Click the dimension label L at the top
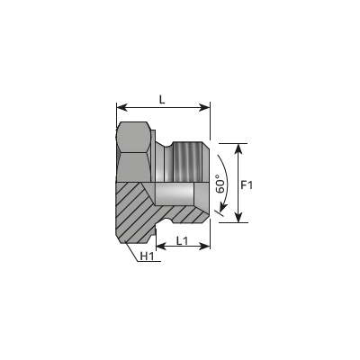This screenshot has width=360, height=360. coord(162,99)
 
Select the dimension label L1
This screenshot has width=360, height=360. coord(182,240)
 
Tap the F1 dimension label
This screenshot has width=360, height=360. coord(247,185)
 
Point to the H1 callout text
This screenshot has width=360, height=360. coord(148,256)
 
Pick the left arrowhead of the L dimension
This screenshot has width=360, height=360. coord(121,107)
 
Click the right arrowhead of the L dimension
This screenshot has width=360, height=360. coord(205,107)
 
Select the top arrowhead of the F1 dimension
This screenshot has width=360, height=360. coord(238,148)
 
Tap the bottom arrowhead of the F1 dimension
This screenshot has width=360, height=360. coord(238,218)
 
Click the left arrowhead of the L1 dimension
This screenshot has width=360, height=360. coord(161,247)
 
